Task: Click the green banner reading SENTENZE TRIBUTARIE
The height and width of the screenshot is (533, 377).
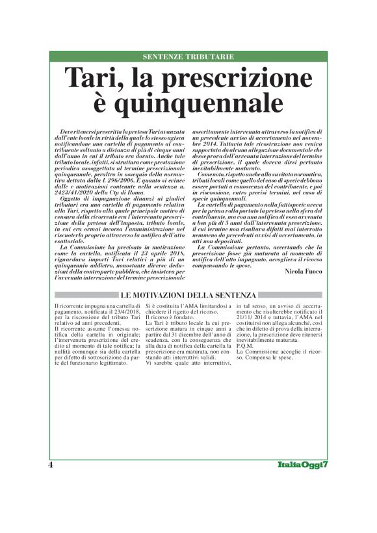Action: [188, 57]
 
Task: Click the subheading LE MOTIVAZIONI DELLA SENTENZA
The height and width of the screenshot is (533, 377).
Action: [189, 295]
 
